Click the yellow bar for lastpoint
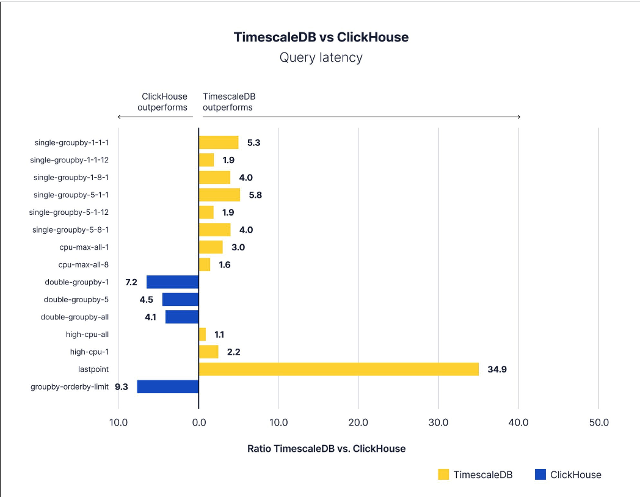339,369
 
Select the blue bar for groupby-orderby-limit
168,386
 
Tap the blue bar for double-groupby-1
172,282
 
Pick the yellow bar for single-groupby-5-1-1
219,195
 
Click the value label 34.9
497,369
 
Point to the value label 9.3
121,386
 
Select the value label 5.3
255,143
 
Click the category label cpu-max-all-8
83,264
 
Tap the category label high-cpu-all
87,334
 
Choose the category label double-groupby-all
75,317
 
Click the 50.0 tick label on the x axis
598,423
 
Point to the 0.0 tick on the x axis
198,423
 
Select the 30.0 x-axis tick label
438,423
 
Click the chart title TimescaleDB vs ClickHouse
321,37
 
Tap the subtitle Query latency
321,57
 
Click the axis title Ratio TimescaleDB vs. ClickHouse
326,449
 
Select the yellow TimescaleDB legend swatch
443,474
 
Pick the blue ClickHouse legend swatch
540,474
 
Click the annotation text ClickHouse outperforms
163,102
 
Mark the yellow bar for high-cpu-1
208,352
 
